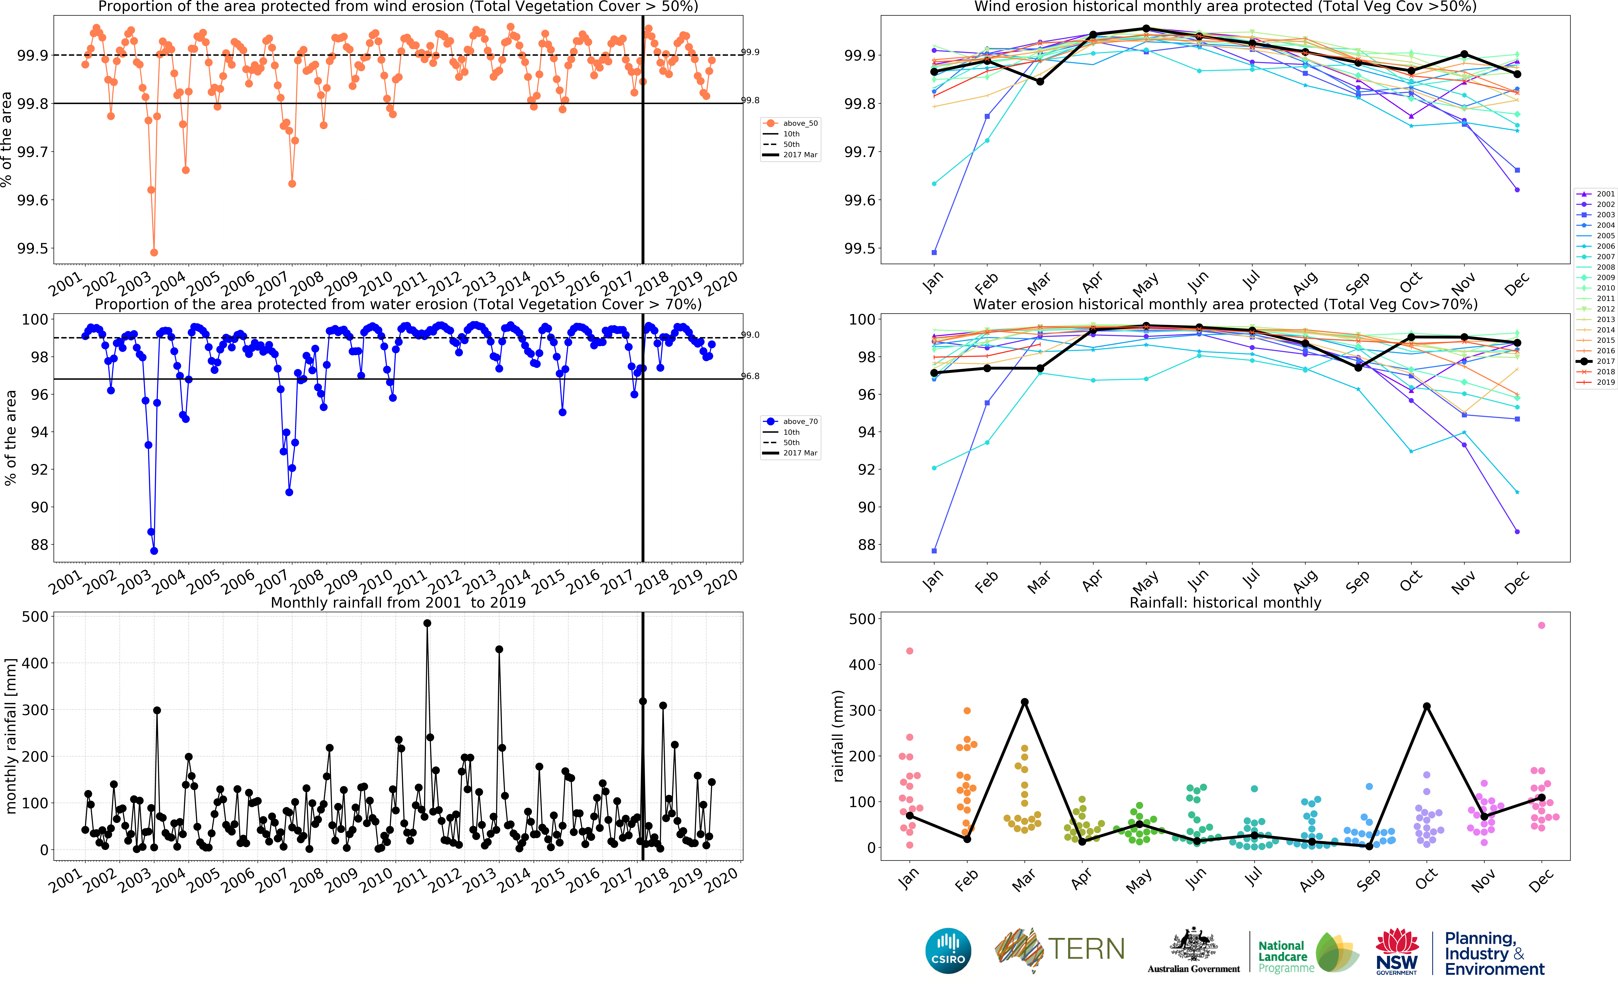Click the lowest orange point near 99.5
(x=154, y=252)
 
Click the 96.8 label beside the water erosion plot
(x=750, y=376)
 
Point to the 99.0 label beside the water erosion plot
(x=750, y=335)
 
